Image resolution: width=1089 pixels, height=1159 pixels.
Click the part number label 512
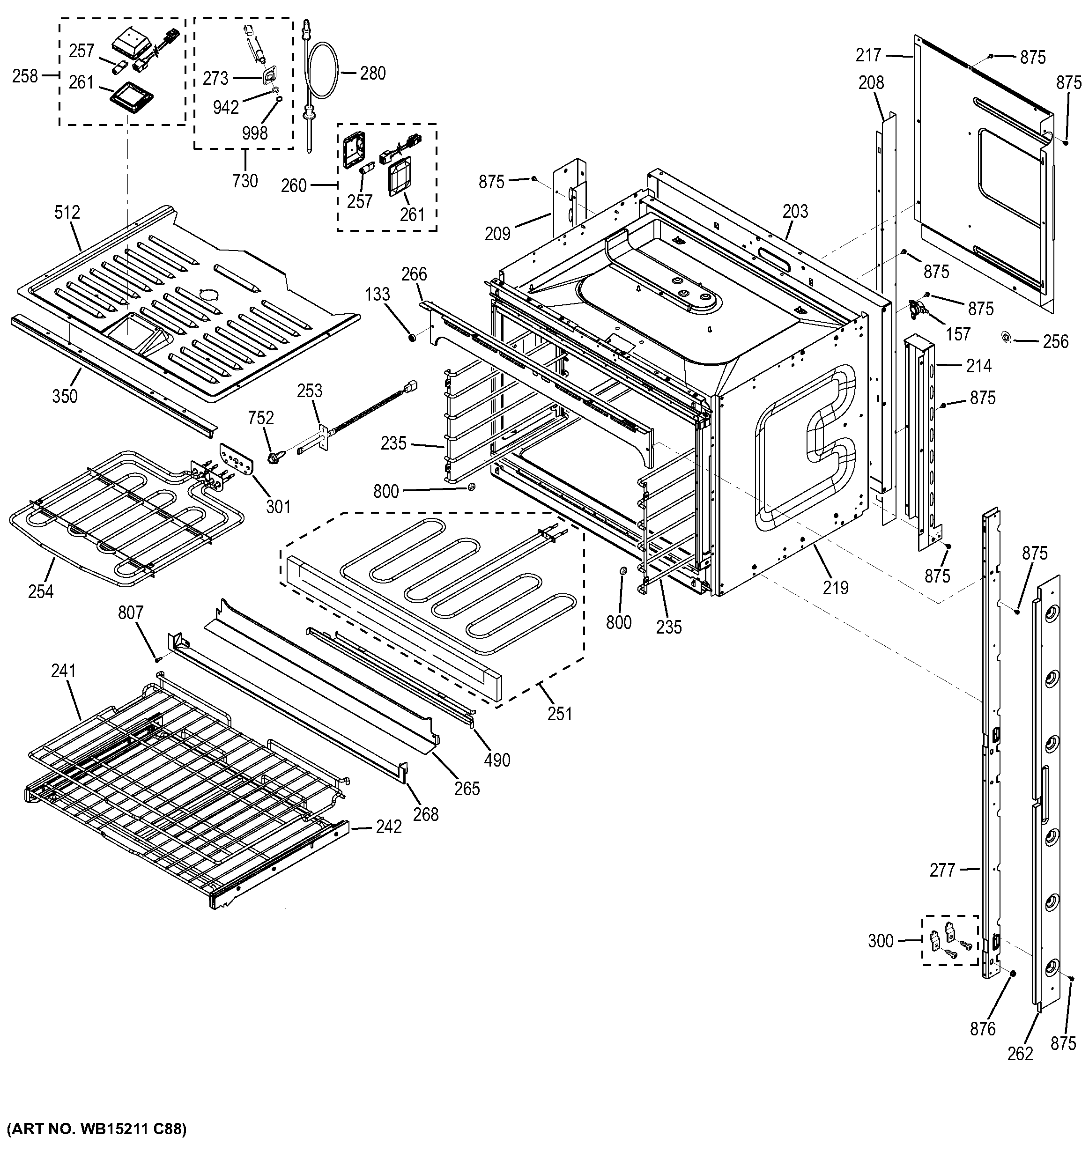coord(67,212)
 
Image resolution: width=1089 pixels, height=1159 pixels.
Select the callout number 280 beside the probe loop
coord(372,74)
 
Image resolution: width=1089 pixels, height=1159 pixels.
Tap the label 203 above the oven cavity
coord(795,211)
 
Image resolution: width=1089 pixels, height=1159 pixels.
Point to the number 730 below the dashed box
coord(244,181)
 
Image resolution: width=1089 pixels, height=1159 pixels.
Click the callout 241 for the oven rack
coord(64,671)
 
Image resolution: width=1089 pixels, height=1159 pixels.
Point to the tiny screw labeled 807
coord(157,658)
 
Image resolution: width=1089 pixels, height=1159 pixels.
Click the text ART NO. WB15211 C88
coord(96,1129)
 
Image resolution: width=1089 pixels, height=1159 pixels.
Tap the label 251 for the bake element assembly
coord(560,714)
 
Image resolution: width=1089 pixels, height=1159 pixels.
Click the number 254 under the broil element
coord(40,592)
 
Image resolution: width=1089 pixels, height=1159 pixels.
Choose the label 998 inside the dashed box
coord(254,133)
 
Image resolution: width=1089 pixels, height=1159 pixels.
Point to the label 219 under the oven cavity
coord(836,588)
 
